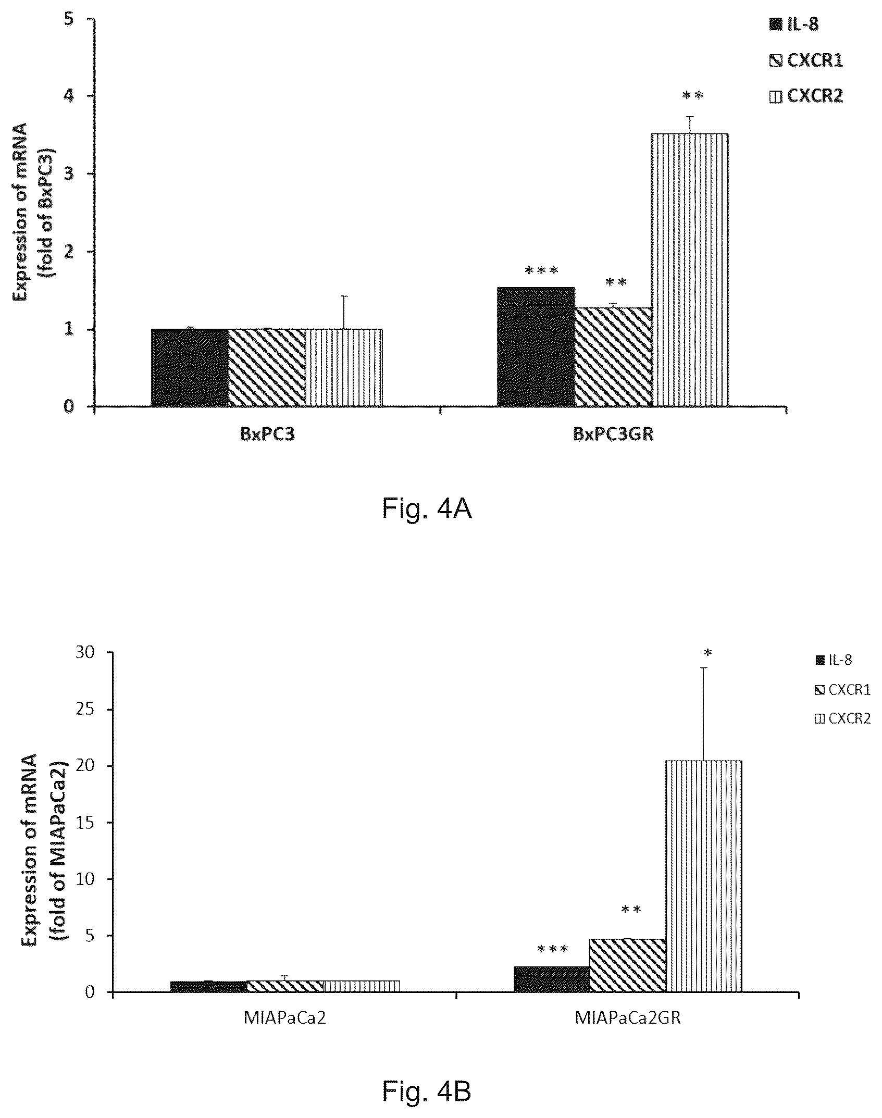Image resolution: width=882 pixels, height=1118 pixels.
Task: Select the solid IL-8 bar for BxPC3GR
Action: coord(536,346)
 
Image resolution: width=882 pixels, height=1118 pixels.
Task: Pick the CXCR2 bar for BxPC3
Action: coord(344,367)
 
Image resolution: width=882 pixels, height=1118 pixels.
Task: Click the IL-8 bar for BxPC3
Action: coord(190,367)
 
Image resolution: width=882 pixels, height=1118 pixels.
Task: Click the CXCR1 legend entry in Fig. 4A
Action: coord(805,61)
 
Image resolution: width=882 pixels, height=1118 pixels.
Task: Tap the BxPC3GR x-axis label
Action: coord(613,434)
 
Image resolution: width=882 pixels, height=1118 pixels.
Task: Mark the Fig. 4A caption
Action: coord(427,508)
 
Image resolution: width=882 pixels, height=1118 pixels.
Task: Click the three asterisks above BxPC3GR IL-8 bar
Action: coord(541,270)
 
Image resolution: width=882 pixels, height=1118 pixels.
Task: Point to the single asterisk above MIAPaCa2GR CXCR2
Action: coord(706,652)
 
